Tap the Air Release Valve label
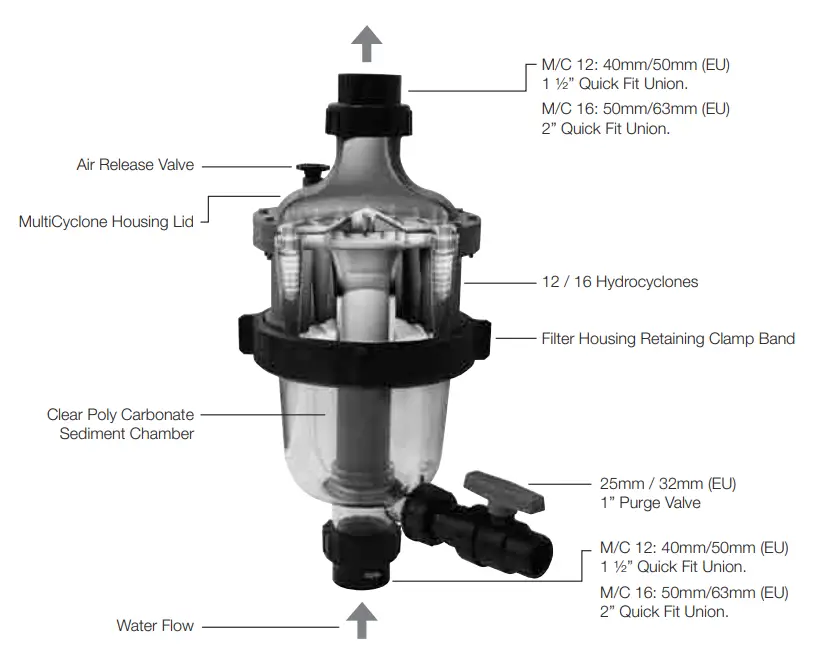135,165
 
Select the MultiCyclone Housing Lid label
106,220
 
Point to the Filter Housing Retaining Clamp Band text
668,339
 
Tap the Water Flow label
155,627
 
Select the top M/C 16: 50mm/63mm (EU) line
635,108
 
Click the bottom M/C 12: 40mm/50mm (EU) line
694,548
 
